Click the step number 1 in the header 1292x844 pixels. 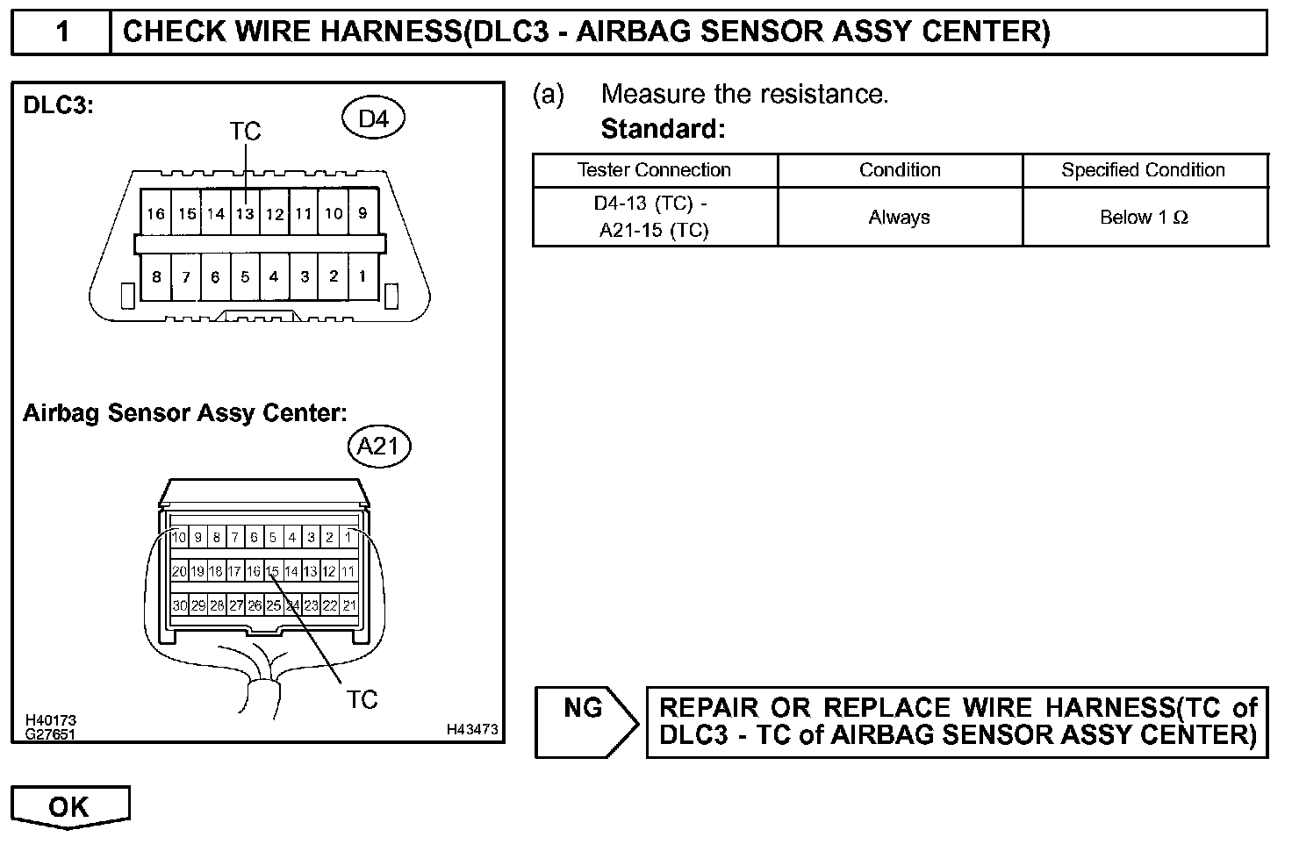click(x=62, y=32)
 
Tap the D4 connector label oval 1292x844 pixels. click(x=373, y=118)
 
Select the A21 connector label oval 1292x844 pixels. click(x=379, y=447)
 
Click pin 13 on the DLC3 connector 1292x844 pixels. click(x=245, y=213)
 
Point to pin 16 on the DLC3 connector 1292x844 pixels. click(x=155, y=213)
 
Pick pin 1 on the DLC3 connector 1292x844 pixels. click(x=362, y=276)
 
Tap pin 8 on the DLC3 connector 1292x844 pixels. click(x=156, y=276)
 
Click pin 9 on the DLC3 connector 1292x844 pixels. click(x=362, y=213)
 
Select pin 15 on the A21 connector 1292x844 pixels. click(x=273, y=571)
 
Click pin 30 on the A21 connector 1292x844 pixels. click(x=179, y=605)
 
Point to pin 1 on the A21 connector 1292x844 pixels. click(x=348, y=537)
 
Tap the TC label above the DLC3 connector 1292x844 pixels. click(x=245, y=132)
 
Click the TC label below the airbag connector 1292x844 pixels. click(x=361, y=699)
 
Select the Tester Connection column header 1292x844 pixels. click(x=654, y=170)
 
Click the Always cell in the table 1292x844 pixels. click(x=899, y=217)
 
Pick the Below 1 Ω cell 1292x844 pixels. click(x=1144, y=217)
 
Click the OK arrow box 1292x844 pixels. click(x=69, y=805)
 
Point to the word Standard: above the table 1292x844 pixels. click(x=663, y=130)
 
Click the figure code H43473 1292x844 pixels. click(x=472, y=729)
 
